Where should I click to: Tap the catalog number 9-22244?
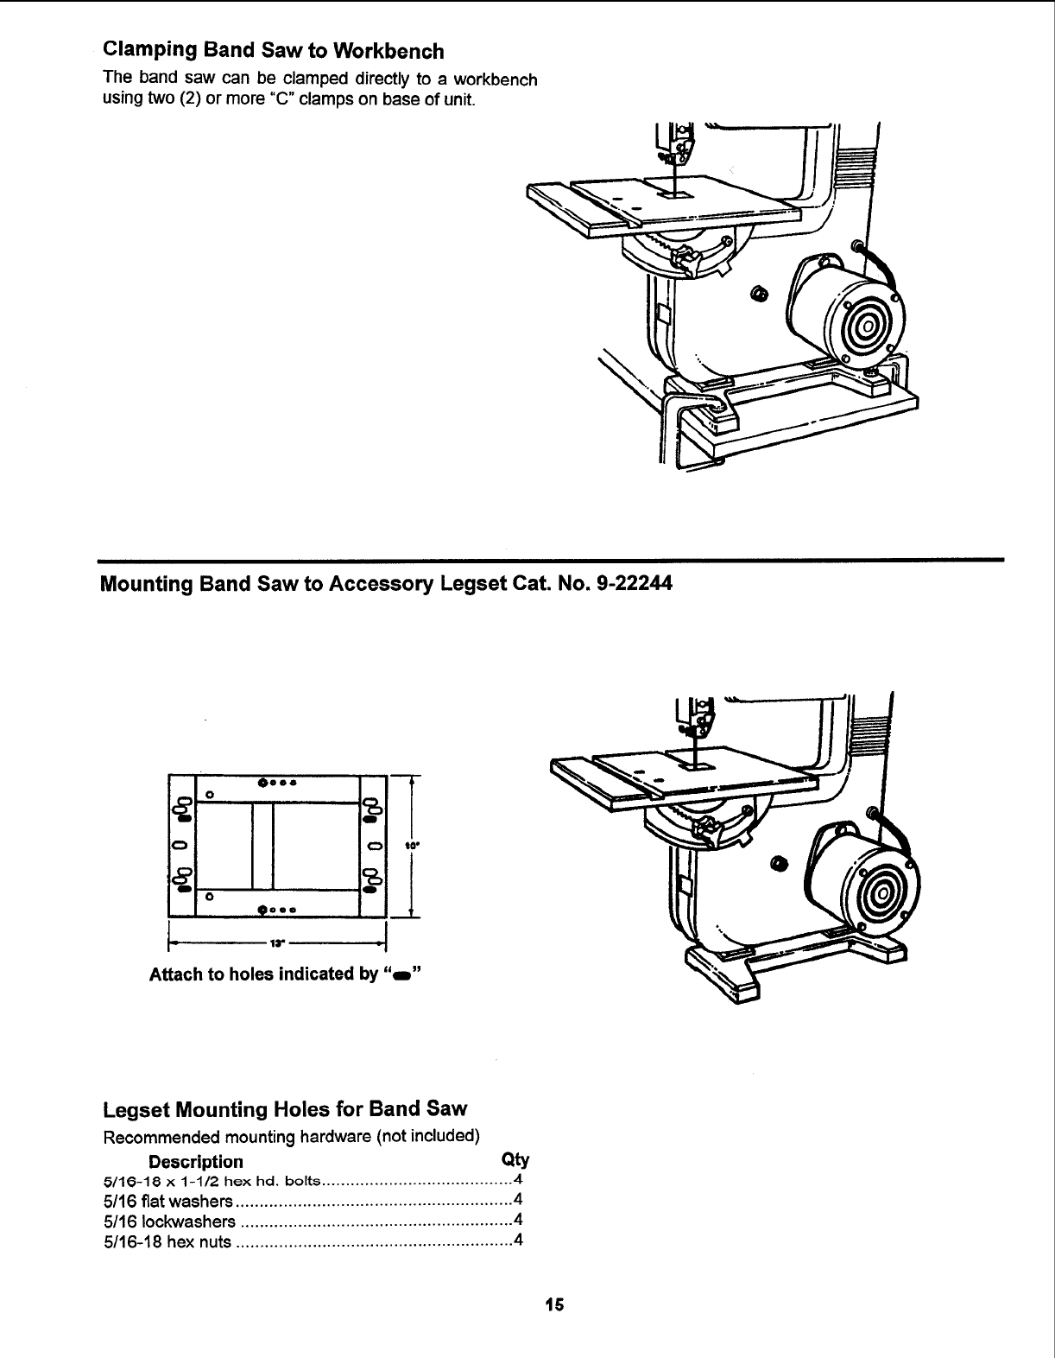tap(635, 584)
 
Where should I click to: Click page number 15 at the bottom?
tap(553, 1304)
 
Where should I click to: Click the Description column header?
tap(196, 1162)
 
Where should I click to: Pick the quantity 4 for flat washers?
tap(517, 1200)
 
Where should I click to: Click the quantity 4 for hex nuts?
tap(517, 1241)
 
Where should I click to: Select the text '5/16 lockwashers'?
tap(169, 1222)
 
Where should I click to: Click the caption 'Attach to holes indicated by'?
tap(263, 975)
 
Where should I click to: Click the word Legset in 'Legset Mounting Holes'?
tap(137, 1108)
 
